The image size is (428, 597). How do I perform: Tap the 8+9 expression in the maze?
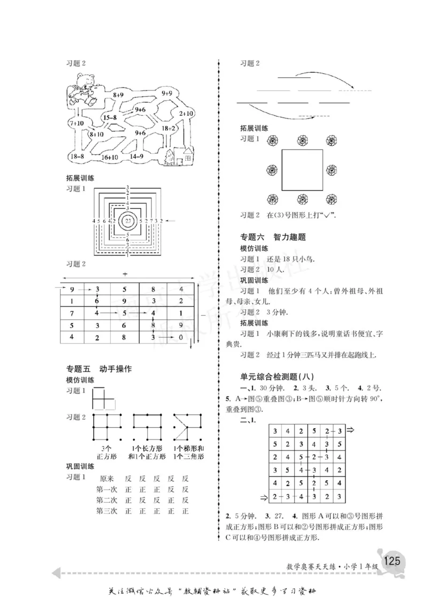[118, 94]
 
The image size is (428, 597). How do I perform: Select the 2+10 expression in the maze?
[186, 113]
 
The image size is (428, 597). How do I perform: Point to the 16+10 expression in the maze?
[109, 157]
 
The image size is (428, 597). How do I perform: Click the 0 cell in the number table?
[180, 337]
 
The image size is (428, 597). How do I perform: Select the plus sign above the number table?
[125, 274]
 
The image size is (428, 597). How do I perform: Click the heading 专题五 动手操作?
[98, 369]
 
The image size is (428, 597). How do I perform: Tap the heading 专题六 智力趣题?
[273, 237]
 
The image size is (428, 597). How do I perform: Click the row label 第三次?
[106, 511]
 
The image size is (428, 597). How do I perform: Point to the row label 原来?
[106, 478]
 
